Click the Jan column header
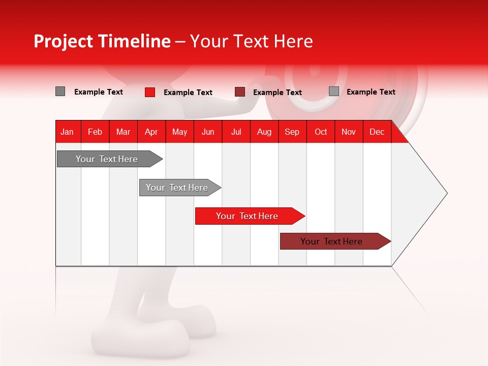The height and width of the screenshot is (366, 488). click(67, 132)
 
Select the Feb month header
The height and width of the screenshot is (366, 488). click(95, 132)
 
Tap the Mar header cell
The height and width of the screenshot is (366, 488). click(123, 132)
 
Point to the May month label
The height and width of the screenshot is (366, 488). click(179, 132)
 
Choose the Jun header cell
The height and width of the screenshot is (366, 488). click(208, 132)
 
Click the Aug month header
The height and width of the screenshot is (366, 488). click(264, 132)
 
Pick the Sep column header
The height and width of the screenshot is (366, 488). click(292, 132)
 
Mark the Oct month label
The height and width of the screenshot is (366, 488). click(321, 132)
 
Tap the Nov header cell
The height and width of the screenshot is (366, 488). click(348, 132)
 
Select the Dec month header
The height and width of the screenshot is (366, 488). click(377, 132)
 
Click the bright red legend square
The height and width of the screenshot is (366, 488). click(150, 92)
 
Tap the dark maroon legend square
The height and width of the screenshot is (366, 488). click(240, 92)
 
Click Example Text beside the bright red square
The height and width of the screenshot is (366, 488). click(188, 93)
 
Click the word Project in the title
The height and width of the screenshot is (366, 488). click(63, 42)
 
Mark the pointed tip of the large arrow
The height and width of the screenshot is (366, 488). click(446, 193)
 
